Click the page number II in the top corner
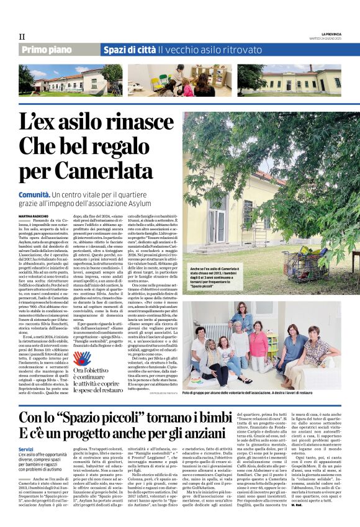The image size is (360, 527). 22,37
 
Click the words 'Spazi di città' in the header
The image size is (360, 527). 129,50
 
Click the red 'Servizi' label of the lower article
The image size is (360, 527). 26,449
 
